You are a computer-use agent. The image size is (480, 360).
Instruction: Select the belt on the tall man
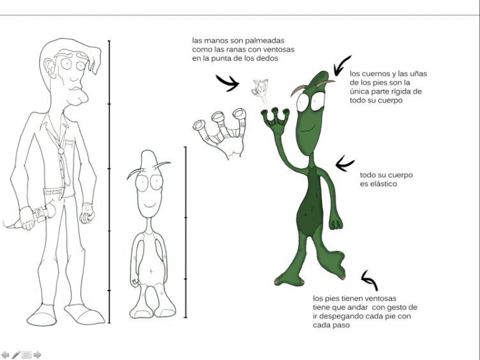(x=54, y=192)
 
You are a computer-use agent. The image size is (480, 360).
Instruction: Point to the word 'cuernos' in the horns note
(x=375, y=74)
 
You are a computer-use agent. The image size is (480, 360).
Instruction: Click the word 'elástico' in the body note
(x=379, y=184)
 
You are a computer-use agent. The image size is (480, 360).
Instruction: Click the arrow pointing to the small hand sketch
(x=227, y=82)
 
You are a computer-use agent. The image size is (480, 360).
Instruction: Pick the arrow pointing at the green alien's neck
(x=345, y=164)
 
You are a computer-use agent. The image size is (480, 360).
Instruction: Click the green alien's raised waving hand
(x=276, y=121)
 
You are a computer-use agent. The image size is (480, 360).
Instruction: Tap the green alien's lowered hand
(x=336, y=223)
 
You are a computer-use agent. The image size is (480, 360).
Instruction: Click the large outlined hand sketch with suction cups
(x=221, y=134)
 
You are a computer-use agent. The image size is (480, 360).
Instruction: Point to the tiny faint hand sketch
(x=260, y=90)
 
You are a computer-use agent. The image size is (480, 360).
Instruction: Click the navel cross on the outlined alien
(x=151, y=271)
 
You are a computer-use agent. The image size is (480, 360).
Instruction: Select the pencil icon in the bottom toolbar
(x=16, y=355)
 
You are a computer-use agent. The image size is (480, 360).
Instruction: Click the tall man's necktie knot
(x=61, y=151)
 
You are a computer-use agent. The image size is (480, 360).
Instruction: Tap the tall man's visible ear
(x=49, y=68)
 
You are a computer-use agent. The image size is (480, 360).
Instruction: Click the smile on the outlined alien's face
(x=150, y=204)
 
